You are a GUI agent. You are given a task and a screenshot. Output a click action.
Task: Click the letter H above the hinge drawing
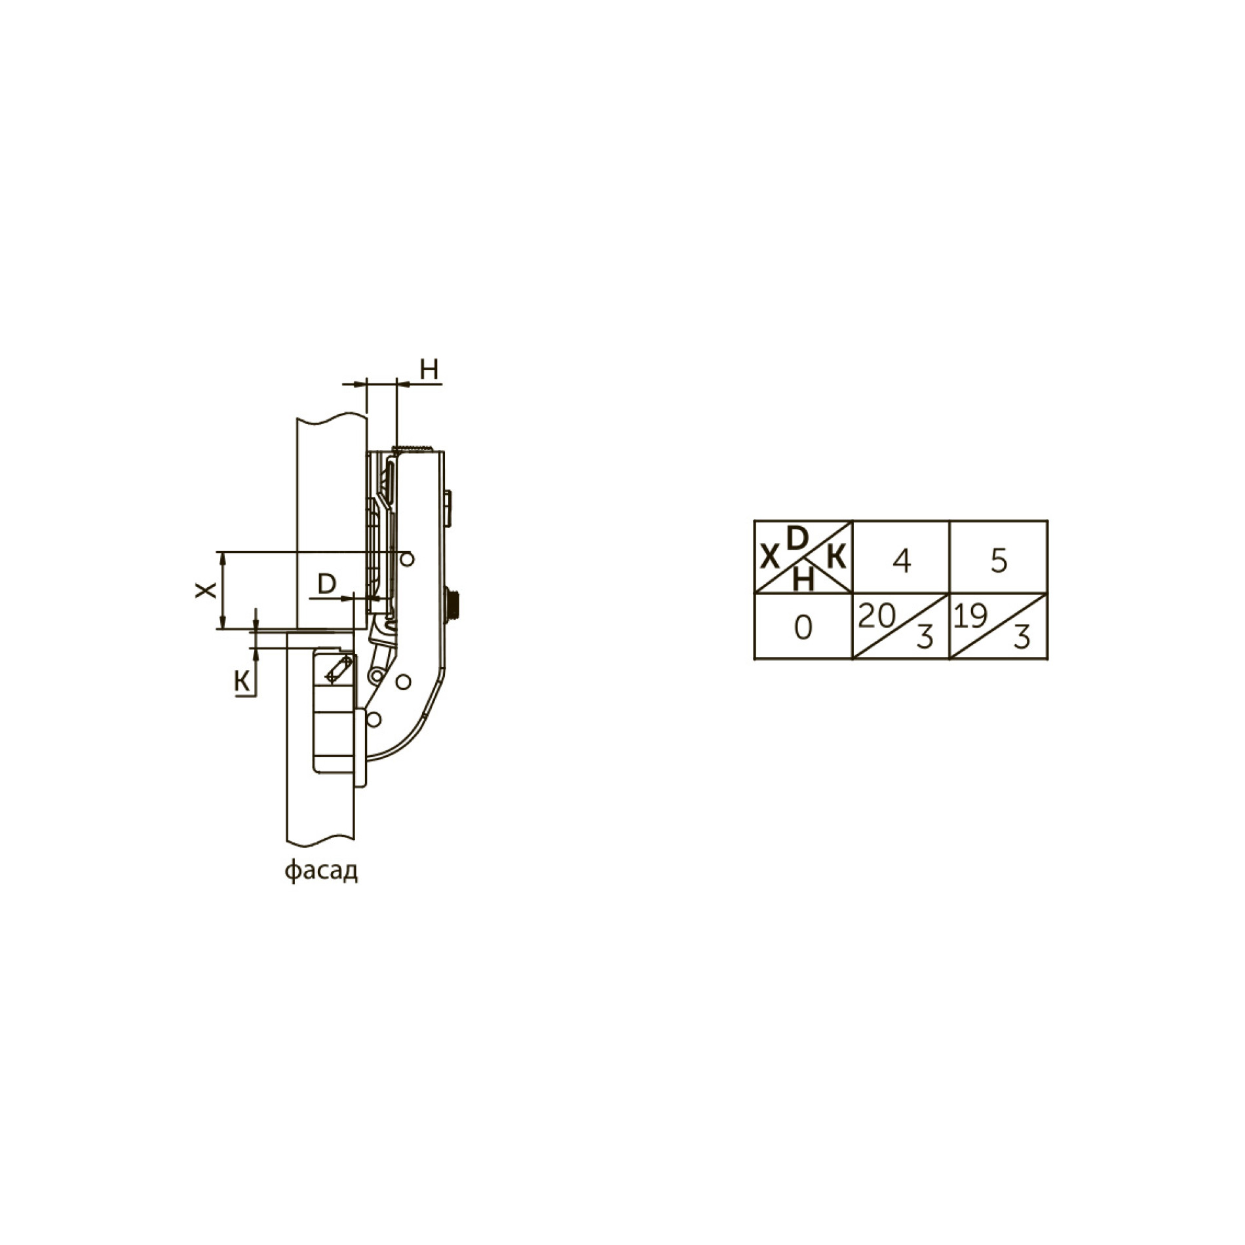429,370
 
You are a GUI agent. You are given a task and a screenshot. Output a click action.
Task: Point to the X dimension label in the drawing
206,590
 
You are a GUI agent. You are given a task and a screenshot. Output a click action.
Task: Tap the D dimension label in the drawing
326,583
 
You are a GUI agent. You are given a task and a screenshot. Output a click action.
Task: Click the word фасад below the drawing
321,871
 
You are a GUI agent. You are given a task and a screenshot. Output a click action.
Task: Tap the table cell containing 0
803,628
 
